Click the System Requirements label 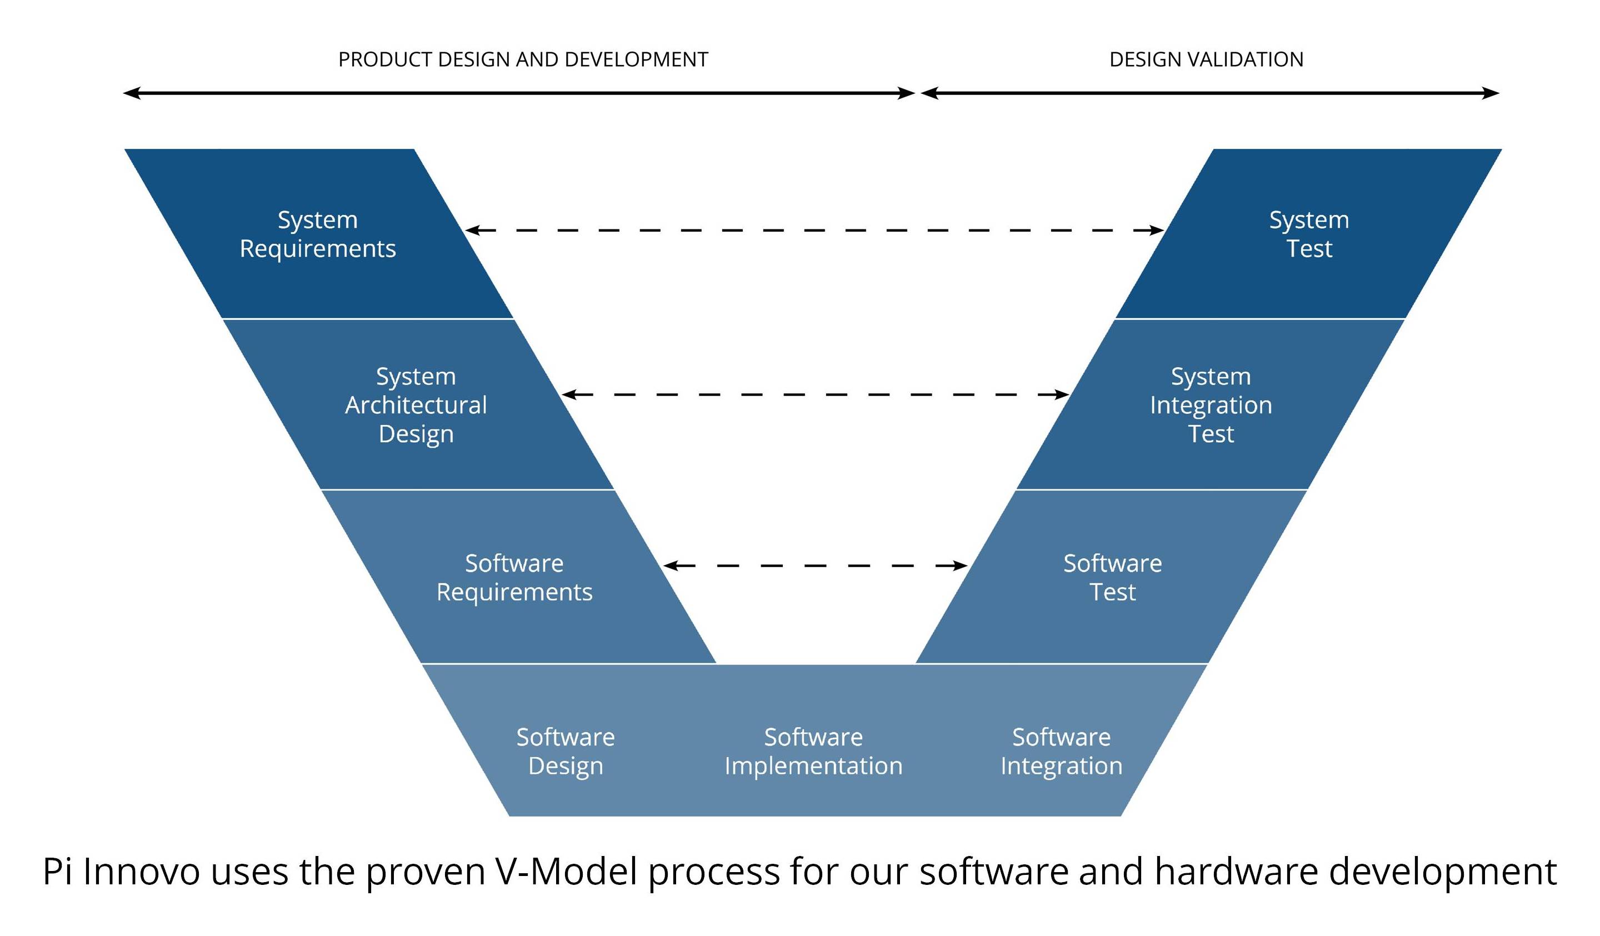[x=317, y=234]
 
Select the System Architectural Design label [x=416, y=405]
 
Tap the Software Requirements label [x=514, y=577]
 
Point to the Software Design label [x=565, y=751]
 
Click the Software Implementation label [x=813, y=751]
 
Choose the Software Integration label [x=1061, y=751]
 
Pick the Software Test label [x=1112, y=577]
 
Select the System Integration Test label [x=1211, y=405]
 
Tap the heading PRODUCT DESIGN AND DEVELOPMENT [x=523, y=59]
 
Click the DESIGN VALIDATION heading [x=1206, y=59]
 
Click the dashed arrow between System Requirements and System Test [x=814, y=230]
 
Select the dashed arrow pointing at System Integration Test [x=814, y=394]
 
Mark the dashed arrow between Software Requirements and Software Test [x=814, y=565]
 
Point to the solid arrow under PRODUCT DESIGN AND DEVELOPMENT [x=518, y=93]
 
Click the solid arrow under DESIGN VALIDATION [x=1209, y=93]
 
